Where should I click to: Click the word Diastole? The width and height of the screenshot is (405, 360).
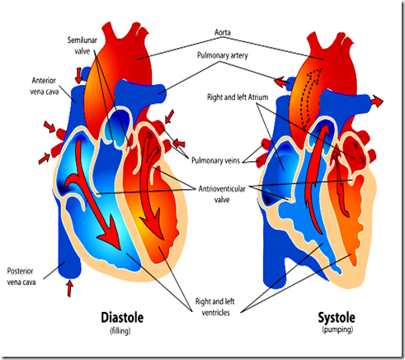point(122,318)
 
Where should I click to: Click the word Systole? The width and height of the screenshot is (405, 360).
point(337,318)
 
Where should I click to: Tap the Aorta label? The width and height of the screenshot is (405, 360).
point(223,32)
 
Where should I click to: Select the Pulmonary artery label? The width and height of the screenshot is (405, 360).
point(223,55)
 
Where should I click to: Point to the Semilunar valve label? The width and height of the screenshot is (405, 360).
point(82,45)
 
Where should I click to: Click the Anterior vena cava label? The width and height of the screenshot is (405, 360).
point(44,86)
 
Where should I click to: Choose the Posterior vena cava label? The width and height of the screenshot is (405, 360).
point(21,277)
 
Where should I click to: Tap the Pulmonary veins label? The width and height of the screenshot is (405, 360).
point(215,160)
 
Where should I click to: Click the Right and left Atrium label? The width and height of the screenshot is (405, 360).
point(238,97)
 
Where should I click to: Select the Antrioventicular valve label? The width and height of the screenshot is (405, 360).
point(222,194)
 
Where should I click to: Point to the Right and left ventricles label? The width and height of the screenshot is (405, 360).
point(215,307)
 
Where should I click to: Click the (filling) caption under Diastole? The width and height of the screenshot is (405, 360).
point(120,330)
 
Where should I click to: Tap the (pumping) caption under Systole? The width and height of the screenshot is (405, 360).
point(337,329)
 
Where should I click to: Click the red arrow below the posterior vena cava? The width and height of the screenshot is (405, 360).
point(70,288)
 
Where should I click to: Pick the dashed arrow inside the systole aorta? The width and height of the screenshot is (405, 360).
point(310,97)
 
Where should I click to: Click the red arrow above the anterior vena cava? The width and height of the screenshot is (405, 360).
point(79,75)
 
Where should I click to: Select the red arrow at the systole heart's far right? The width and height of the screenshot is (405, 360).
point(377,102)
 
